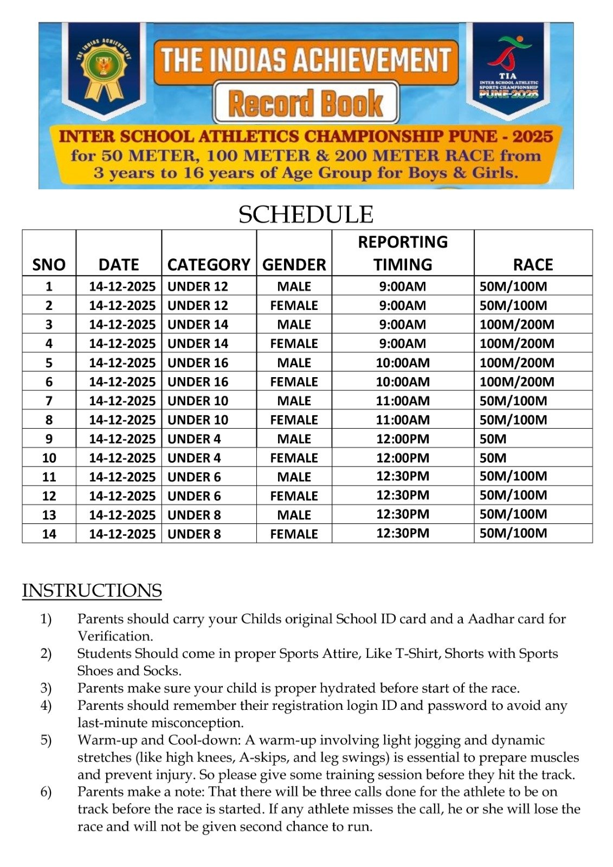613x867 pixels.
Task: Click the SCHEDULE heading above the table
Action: (306, 215)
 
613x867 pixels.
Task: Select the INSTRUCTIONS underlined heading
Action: (92, 591)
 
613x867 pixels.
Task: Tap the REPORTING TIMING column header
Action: (403, 253)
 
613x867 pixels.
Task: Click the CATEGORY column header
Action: (209, 264)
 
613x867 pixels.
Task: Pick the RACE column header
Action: (533, 264)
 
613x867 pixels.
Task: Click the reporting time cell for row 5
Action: (403, 363)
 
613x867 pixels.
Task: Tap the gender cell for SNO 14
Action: (294, 534)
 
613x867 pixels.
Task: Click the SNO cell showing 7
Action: (49, 401)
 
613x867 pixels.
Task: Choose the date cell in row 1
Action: (122, 286)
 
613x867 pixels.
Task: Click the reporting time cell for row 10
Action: (403, 458)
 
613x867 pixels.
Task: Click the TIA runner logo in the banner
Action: (508, 54)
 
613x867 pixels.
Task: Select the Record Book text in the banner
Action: (306, 103)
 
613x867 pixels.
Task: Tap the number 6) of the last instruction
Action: (46, 792)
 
